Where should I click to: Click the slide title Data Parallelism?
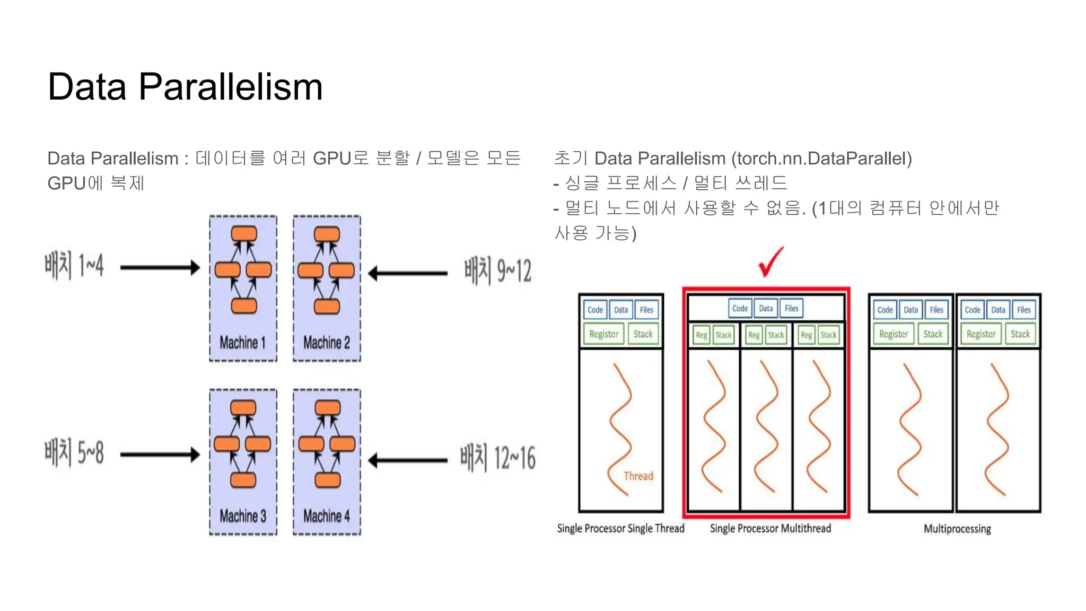[185, 86]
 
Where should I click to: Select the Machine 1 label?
[242, 343]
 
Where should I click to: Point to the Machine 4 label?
[326, 516]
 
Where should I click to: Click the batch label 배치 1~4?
[74, 266]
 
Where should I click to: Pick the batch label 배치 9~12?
[497, 270]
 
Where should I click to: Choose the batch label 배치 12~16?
[497, 458]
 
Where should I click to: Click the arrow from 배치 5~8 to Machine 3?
[160, 455]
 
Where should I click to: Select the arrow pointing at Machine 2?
[408, 274]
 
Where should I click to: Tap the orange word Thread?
[638, 476]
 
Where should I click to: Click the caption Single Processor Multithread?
[770, 528]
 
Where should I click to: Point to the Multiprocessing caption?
[957, 529]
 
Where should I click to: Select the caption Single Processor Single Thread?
[620, 528]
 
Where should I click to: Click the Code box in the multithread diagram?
[740, 308]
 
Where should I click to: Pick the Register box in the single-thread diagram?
[603, 334]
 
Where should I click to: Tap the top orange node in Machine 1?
[244, 234]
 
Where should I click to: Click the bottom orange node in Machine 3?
[243, 480]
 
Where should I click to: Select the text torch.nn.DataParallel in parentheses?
[821, 158]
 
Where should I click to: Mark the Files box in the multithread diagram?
[791, 308]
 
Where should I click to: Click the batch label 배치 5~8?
[74, 453]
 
